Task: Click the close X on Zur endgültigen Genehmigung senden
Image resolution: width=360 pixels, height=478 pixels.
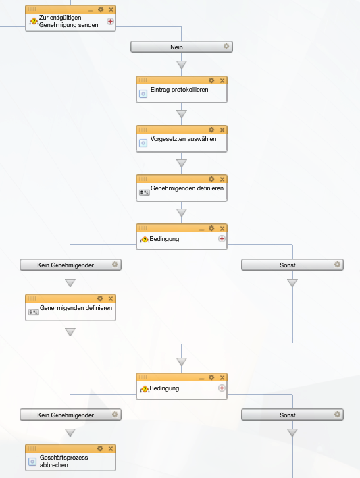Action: [111, 9]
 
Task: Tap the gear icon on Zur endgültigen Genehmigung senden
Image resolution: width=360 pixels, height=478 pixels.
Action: [101, 9]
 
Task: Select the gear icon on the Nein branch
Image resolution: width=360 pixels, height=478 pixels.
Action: [226, 46]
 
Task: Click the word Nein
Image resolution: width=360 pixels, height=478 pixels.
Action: [176, 47]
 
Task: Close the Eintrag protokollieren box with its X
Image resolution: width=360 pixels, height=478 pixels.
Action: [222, 80]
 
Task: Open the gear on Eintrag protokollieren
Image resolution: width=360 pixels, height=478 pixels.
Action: [211, 80]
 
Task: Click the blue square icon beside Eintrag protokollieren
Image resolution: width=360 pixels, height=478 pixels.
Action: [143, 94]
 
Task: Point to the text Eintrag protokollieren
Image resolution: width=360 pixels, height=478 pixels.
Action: [180, 90]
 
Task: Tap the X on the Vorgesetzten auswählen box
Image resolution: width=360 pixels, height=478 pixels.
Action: [222, 130]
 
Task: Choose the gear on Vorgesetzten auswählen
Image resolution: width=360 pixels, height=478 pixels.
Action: [211, 130]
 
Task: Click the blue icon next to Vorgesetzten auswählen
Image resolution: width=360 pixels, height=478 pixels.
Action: [143, 143]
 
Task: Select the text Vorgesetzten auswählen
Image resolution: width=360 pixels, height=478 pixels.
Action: [183, 139]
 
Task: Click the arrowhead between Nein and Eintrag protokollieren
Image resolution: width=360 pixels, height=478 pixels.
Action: [182, 64]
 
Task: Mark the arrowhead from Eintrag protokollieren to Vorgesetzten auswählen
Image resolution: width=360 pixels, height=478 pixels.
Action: [182, 113]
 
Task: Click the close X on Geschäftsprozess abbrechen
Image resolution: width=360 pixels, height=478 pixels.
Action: [111, 448]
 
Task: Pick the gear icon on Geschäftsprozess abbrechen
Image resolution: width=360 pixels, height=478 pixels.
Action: [100, 448]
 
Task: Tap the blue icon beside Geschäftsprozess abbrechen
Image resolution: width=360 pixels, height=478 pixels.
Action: [32, 462]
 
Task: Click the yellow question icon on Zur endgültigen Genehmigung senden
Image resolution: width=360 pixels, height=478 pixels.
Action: [34, 22]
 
